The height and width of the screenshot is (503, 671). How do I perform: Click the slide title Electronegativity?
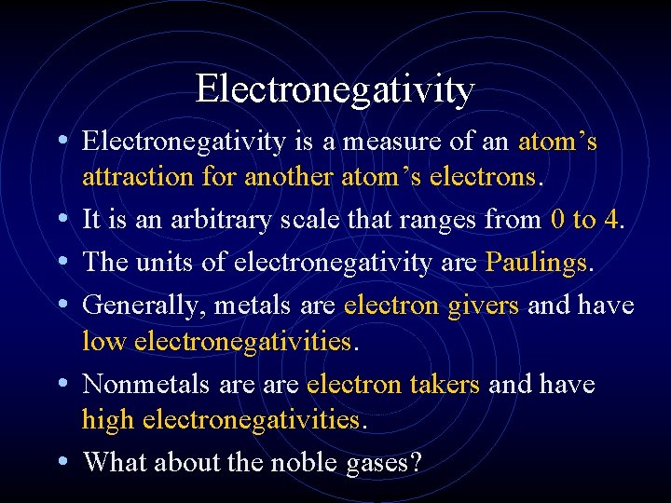coord(335,89)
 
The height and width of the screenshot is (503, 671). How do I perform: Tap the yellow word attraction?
coord(134,177)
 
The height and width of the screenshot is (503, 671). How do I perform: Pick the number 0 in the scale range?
coord(556,221)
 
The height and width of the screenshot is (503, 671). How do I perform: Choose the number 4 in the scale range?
coord(611,221)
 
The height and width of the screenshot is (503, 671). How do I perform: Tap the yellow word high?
coord(108,420)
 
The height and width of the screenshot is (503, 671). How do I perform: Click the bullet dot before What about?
coord(62,461)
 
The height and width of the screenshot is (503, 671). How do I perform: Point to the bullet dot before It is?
coord(62,219)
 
